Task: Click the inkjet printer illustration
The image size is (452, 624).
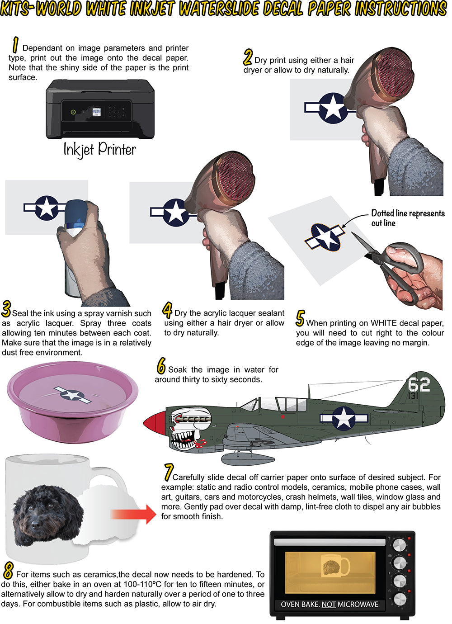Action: coord(100,109)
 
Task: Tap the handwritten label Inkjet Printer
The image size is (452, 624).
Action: coord(100,150)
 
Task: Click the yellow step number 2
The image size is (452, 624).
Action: coord(248,57)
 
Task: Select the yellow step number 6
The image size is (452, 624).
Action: coord(161,365)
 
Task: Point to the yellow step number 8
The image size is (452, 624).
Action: coord(8,570)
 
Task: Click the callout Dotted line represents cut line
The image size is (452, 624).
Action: coord(408,218)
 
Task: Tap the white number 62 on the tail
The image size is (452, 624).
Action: coord(419,385)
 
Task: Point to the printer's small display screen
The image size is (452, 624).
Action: coord(96,112)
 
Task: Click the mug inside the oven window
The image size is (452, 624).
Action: coord(335,566)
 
